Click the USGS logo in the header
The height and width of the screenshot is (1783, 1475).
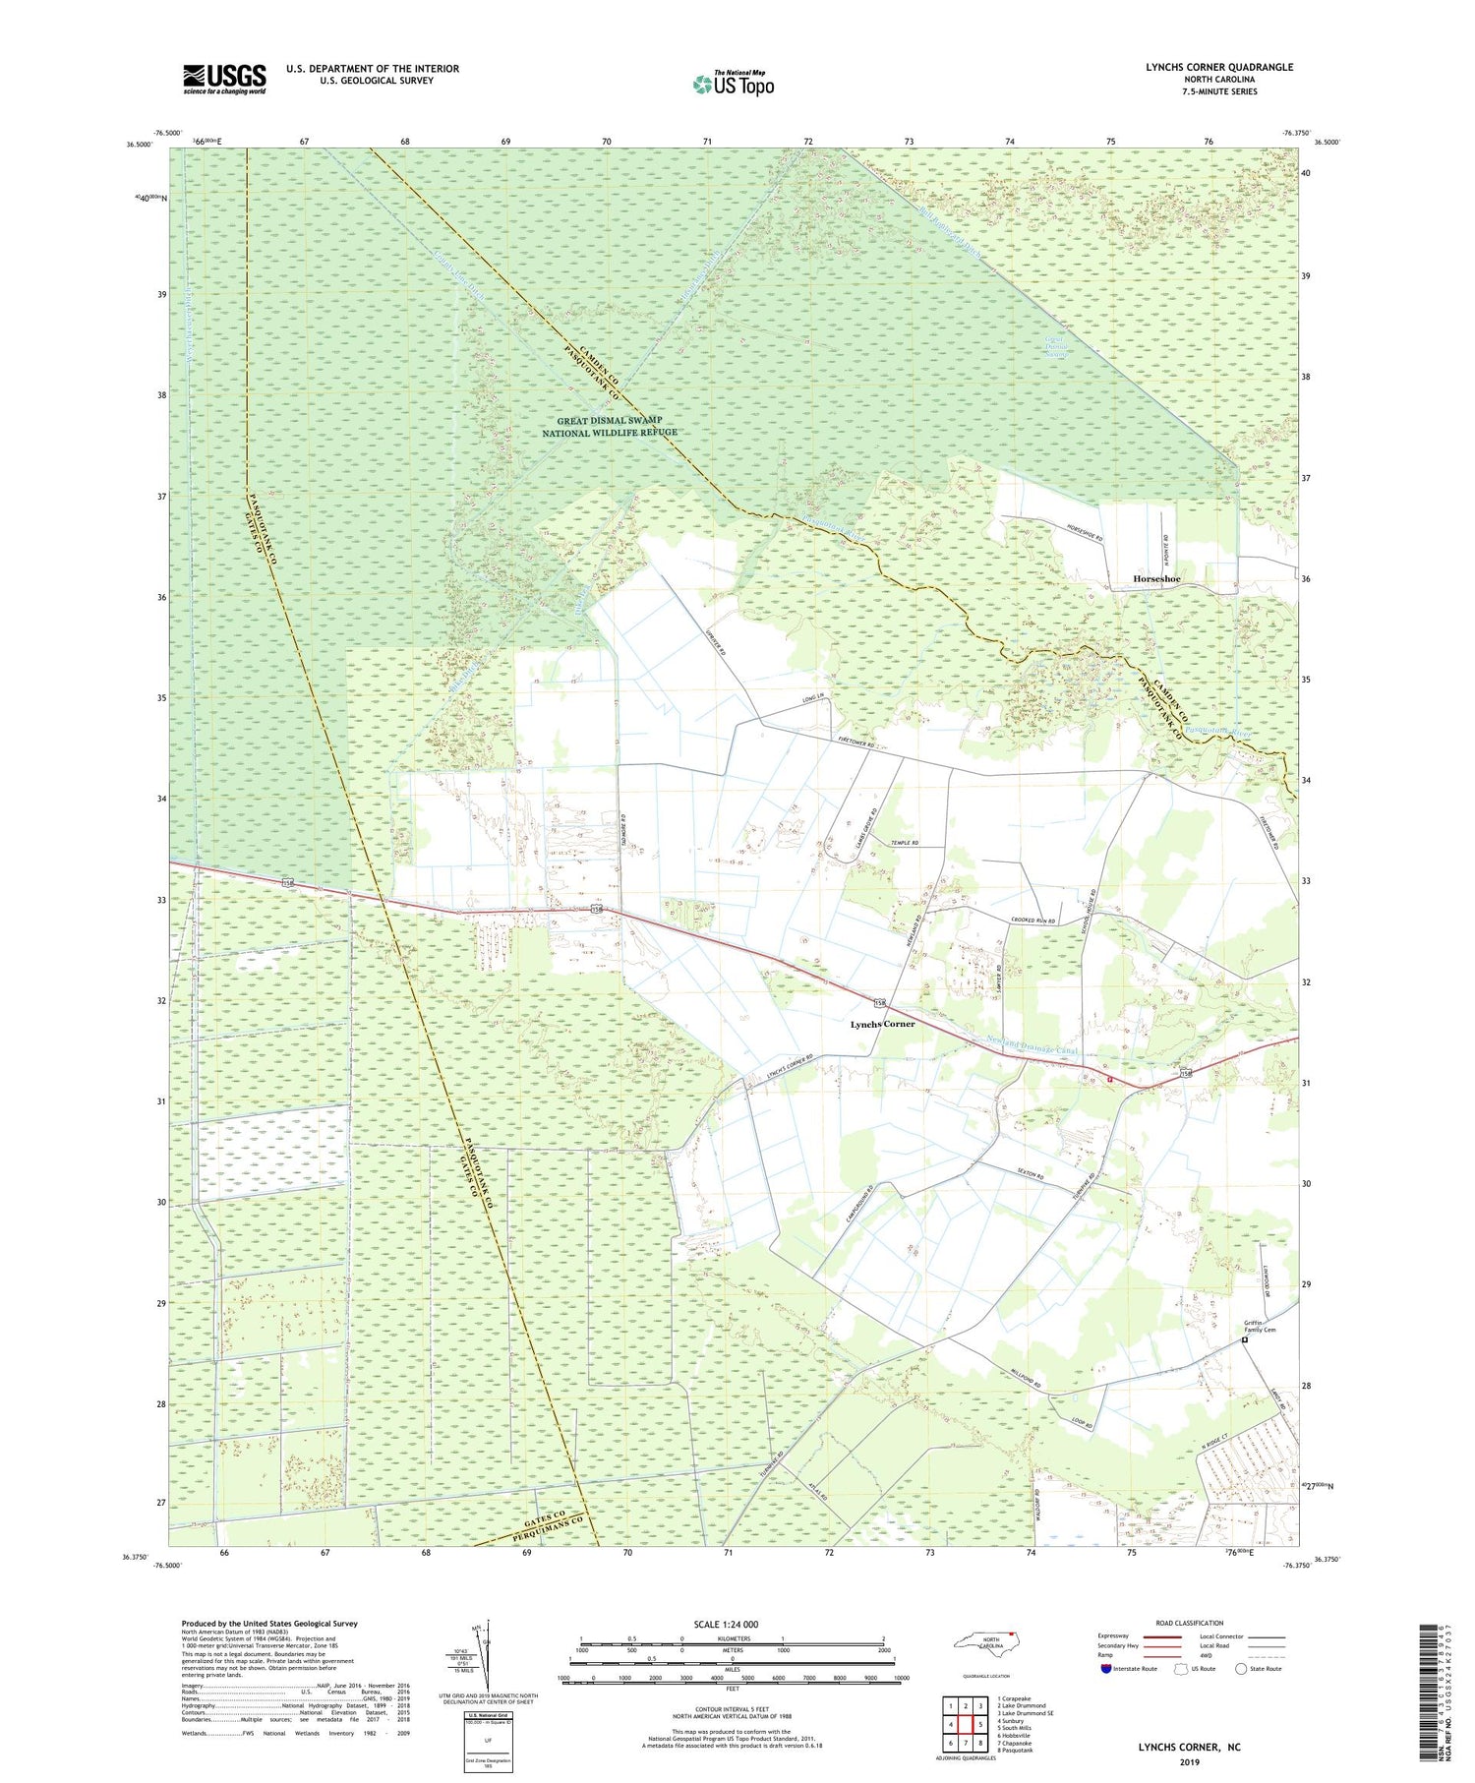coord(224,79)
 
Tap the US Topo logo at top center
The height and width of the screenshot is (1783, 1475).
coord(733,84)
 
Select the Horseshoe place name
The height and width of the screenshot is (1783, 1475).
coord(1155,579)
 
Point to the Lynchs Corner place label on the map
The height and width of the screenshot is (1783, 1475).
coord(882,1024)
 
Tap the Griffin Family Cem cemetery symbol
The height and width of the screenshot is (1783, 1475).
coord(1244,1338)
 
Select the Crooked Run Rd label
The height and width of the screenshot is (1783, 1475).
coord(1032,921)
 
